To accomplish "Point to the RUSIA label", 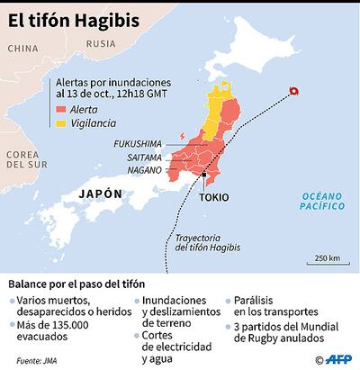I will [100, 43].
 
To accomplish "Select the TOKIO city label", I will [213, 197].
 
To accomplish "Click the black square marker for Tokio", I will [205, 176].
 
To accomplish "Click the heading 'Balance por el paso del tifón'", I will [76, 282].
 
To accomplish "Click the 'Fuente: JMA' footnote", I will [35, 360].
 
